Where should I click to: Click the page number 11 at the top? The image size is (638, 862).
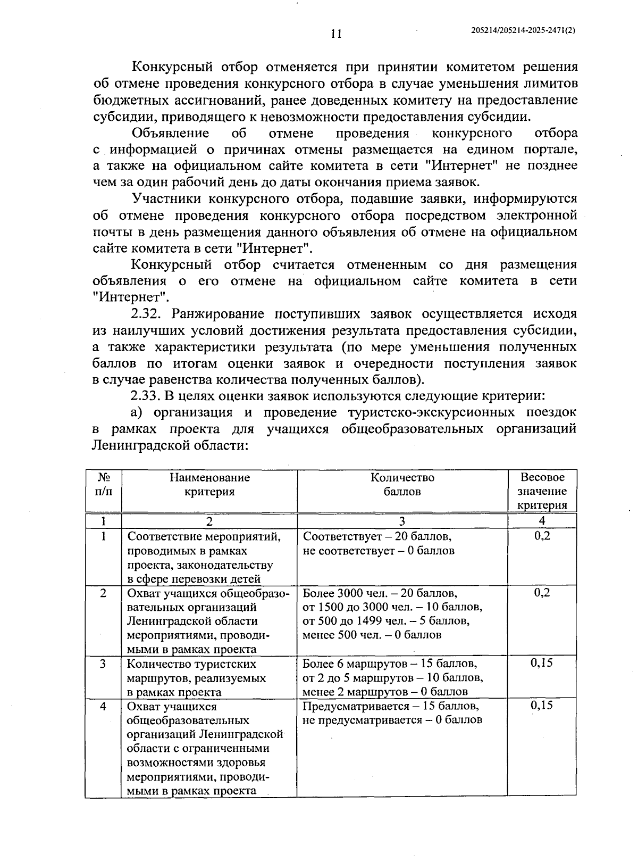[335, 34]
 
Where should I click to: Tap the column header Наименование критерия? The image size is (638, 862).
[209, 484]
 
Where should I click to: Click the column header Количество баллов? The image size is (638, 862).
[402, 484]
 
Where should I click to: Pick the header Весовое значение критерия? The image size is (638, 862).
[542, 491]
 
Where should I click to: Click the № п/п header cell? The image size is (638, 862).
[104, 484]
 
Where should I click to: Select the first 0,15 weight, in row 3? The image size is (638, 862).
[542, 663]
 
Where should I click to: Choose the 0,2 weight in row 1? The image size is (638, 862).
[542, 536]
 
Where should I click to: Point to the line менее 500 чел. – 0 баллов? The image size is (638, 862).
[372, 635]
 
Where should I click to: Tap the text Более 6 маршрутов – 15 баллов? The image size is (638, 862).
[390, 664]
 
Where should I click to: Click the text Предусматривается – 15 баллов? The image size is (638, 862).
[391, 706]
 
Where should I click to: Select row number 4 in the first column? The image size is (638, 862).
[103, 706]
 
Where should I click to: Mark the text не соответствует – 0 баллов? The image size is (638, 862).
[379, 550]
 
